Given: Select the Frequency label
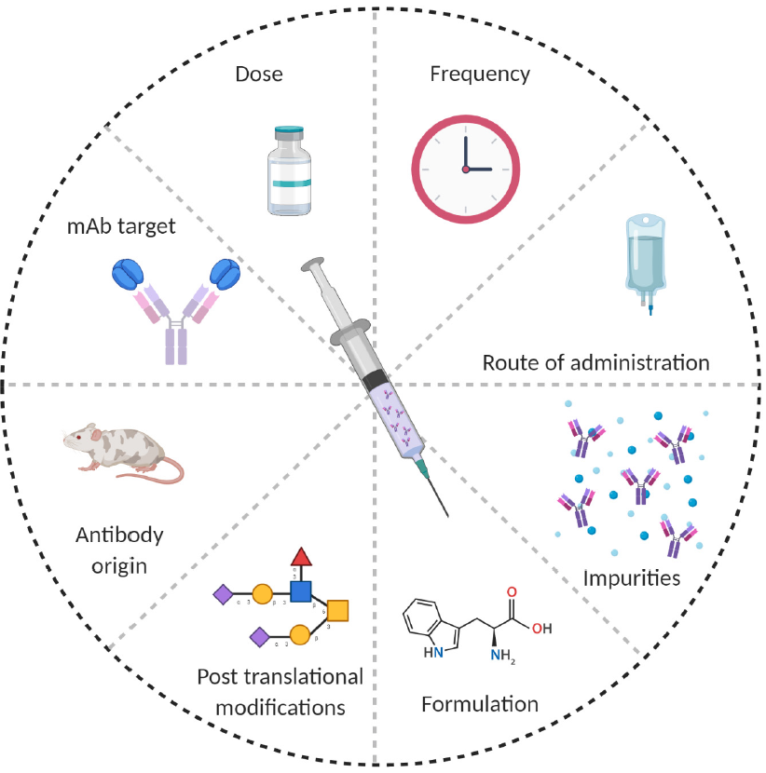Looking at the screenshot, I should (x=480, y=73).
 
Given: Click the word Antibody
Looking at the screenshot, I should (x=118, y=535).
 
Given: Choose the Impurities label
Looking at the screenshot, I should (x=631, y=577).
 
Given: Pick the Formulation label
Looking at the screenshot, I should (x=480, y=703).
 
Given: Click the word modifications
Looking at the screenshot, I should (x=280, y=707).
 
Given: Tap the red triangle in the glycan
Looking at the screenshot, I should (x=299, y=557).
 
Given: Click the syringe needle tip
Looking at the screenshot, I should (x=447, y=513).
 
